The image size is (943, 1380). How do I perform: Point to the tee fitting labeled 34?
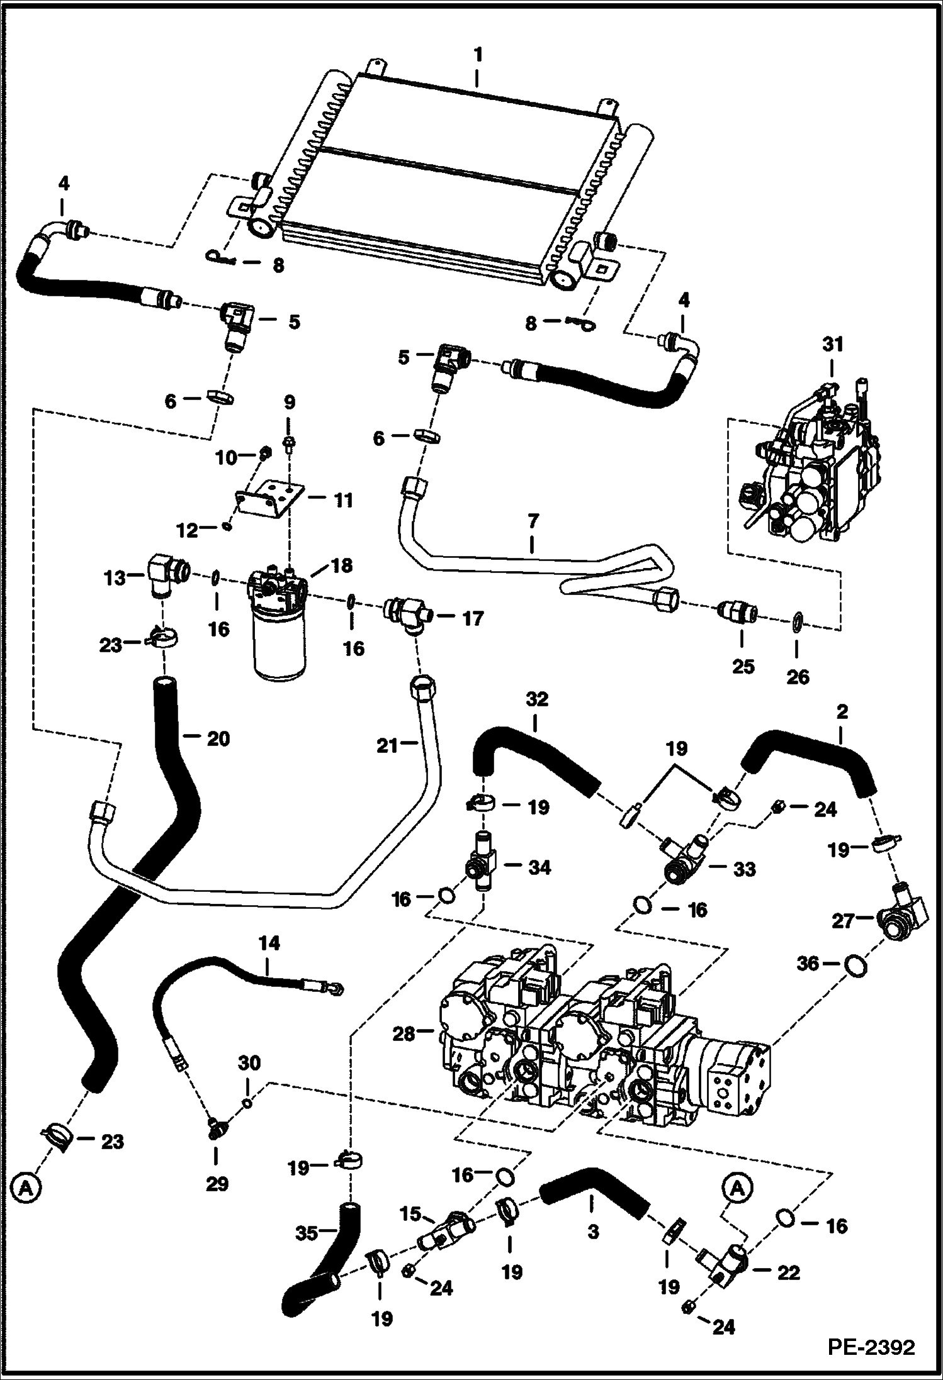click(x=482, y=867)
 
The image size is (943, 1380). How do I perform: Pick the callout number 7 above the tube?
click(x=533, y=521)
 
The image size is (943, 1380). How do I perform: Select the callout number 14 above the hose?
click(x=269, y=943)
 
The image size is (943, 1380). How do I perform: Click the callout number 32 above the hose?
click(x=537, y=699)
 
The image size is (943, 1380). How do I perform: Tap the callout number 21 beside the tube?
click(x=387, y=746)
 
